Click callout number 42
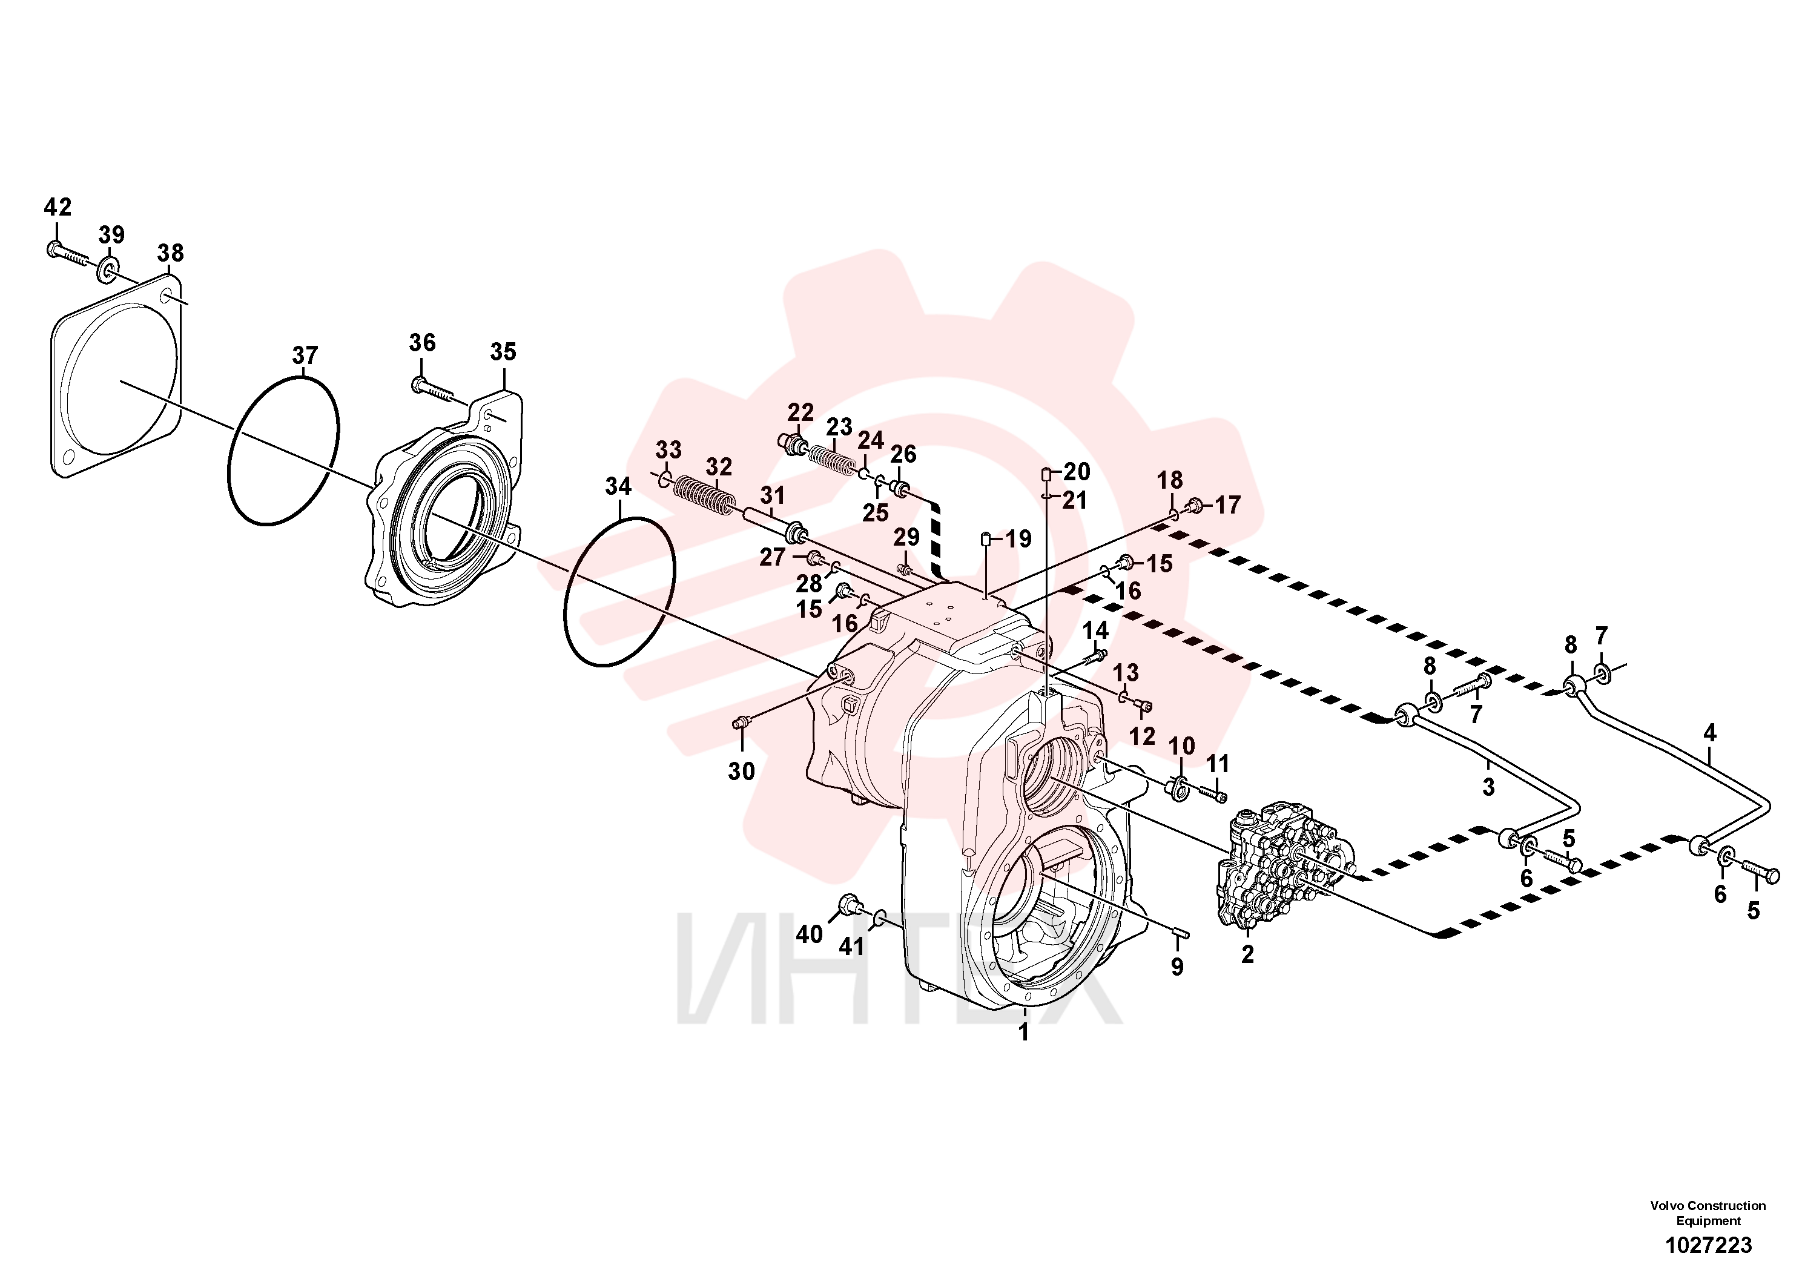[58, 207]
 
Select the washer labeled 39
[108, 271]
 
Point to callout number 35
[503, 352]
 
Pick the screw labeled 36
[432, 390]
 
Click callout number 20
[1077, 472]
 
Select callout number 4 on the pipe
[1710, 733]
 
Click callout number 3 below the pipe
[1489, 787]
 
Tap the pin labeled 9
[1182, 933]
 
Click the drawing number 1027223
[1709, 1245]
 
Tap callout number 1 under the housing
[1023, 1032]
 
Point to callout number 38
[170, 254]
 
